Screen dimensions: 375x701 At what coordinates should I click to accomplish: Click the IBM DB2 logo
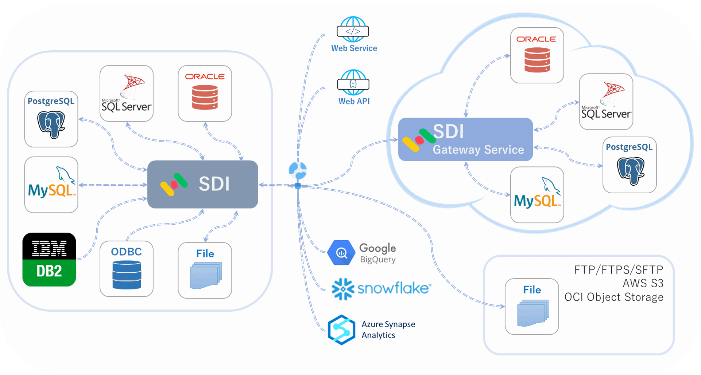[49, 260]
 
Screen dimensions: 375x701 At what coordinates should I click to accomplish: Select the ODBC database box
[127, 269]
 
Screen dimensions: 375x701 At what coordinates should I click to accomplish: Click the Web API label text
[354, 101]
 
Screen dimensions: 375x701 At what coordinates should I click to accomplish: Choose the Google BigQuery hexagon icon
[341, 253]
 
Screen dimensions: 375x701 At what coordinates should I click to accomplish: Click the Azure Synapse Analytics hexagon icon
[341, 329]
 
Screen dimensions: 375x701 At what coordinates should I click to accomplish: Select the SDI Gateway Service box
[465, 139]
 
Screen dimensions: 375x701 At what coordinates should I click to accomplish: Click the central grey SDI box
[203, 184]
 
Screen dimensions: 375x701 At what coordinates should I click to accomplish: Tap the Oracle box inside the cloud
[537, 55]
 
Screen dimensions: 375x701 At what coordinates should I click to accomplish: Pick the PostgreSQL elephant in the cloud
[631, 171]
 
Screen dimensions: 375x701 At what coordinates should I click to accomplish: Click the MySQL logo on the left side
[51, 185]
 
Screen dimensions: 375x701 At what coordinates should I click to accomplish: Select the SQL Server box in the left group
[127, 94]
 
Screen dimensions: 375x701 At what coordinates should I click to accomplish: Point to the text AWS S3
[643, 283]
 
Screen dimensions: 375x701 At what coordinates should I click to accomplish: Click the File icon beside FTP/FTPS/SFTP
[532, 307]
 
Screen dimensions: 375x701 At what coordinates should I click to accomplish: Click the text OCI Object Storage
[613, 297]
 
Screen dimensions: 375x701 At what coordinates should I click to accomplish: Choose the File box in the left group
[205, 271]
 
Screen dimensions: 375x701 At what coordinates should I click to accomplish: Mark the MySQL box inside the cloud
[537, 195]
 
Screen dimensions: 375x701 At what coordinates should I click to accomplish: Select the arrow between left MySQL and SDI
[113, 185]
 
